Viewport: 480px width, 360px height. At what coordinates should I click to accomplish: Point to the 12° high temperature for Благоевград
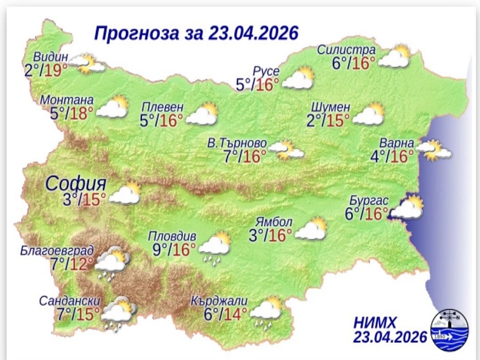[81, 262]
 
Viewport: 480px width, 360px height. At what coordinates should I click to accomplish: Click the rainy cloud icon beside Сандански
[119, 313]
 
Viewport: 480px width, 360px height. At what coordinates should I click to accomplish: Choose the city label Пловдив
[168, 234]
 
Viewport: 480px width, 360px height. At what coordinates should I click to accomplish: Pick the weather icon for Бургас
[407, 207]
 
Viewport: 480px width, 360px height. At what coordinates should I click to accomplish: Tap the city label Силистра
[350, 50]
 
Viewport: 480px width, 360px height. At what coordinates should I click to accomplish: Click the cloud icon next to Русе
[298, 78]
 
